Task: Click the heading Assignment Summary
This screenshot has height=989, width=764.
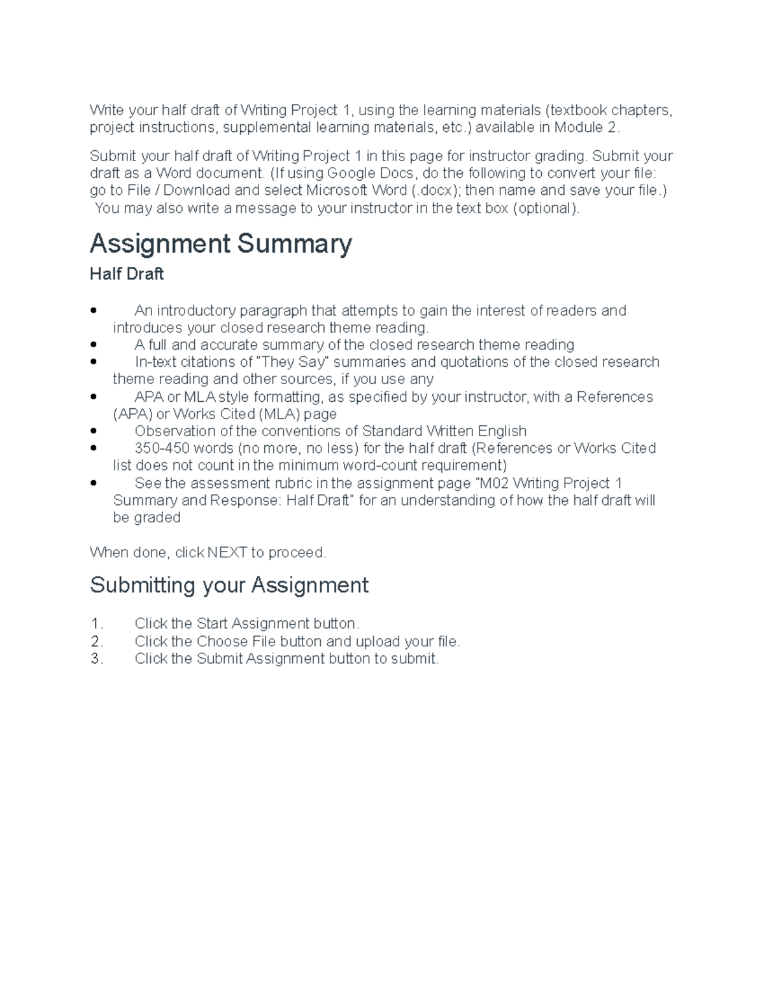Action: click(220, 244)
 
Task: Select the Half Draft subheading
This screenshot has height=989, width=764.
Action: click(127, 274)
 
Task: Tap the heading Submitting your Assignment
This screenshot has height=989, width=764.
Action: click(229, 585)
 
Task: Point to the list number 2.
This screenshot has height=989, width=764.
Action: click(96, 641)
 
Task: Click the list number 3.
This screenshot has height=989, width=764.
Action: click(96, 658)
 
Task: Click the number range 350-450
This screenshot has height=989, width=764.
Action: click(162, 448)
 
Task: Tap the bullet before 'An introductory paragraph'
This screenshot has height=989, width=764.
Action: click(94, 311)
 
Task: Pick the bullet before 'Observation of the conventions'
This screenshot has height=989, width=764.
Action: click(94, 431)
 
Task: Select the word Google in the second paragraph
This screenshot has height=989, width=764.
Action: click(351, 173)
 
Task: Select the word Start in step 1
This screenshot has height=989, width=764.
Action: click(212, 623)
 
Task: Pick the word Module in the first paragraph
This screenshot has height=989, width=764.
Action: click(578, 127)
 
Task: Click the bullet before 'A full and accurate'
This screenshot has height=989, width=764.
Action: click(94, 345)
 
